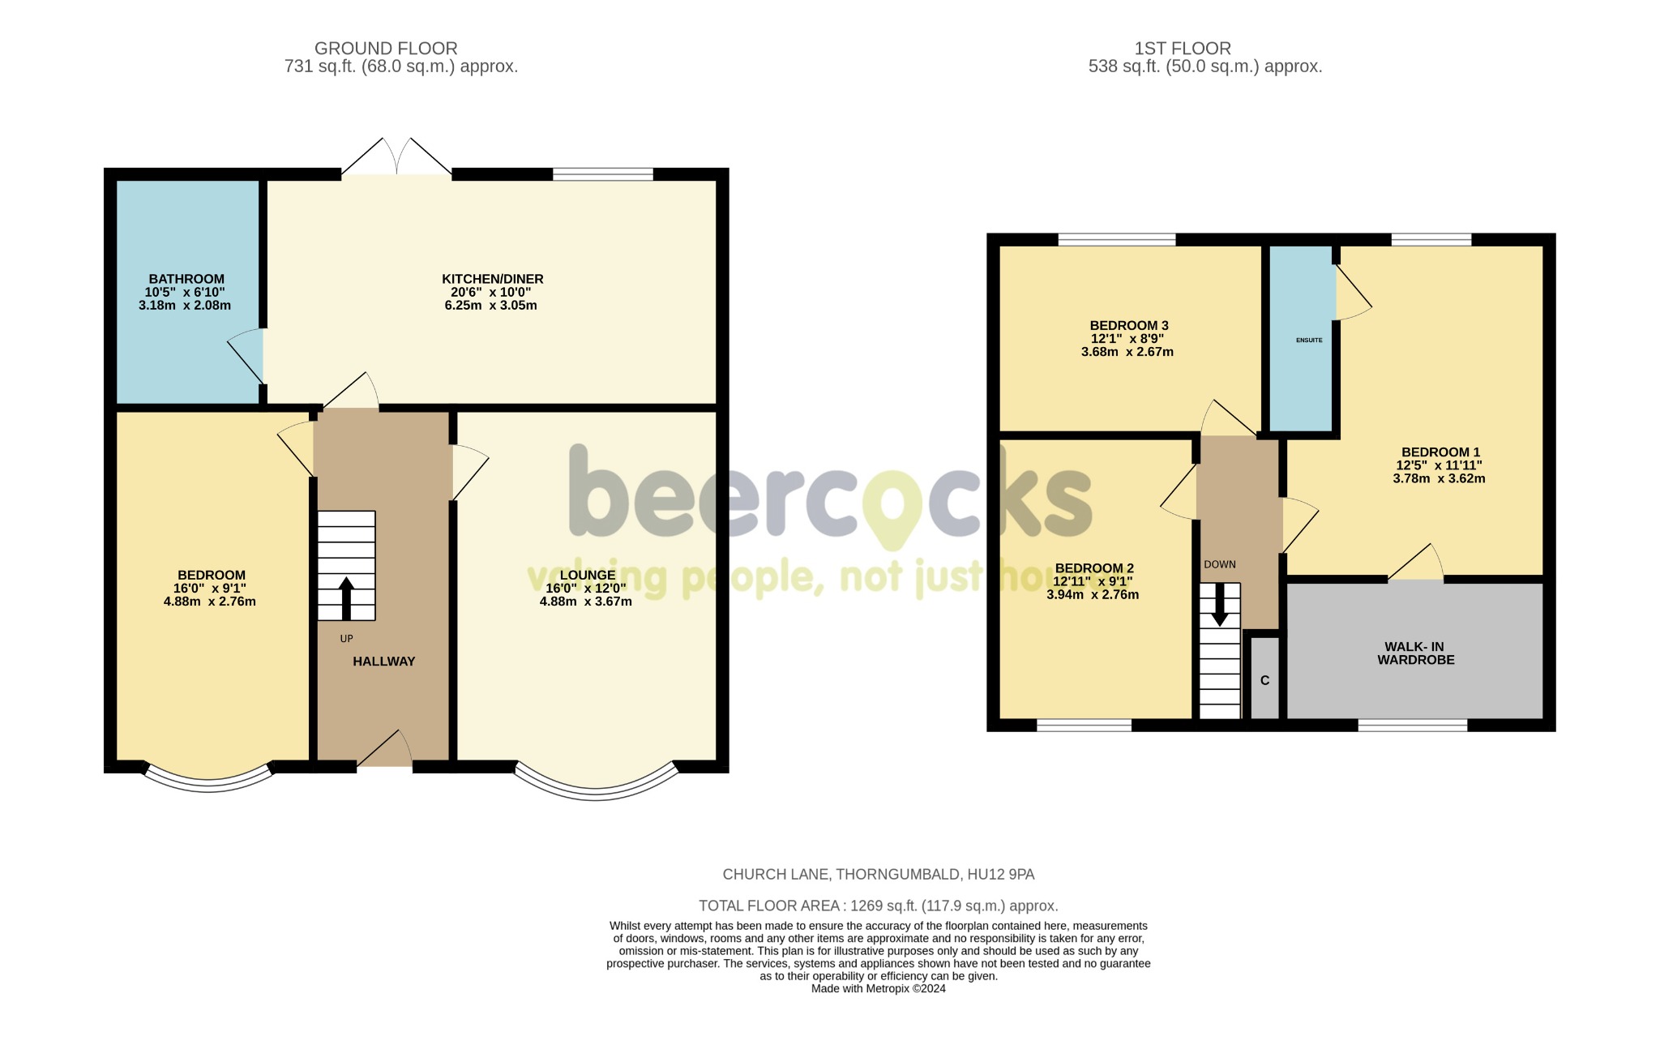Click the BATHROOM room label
pyautogui.click(x=186, y=279)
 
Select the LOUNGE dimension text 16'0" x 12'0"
pyautogui.click(x=585, y=589)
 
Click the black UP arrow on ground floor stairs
pyautogui.click(x=346, y=598)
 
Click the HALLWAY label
pyautogui.click(x=383, y=662)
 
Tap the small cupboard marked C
pyautogui.click(x=1264, y=680)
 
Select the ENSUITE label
pyautogui.click(x=1308, y=340)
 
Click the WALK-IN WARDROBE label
pyautogui.click(x=1415, y=653)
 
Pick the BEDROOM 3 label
pyautogui.click(x=1128, y=326)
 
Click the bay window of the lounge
pyautogui.click(x=596, y=790)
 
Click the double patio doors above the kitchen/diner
pyautogui.click(x=396, y=159)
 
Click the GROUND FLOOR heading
pyautogui.click(x=386, y=49)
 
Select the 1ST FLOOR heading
pyautogui.click(x=1182, y=49)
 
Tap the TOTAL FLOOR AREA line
pyautogui.click(x=878, y=906)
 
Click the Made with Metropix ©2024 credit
pyautogui.click(x=878, y=989)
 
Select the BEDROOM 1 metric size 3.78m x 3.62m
pyautogui.click(x=1439, y=478)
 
